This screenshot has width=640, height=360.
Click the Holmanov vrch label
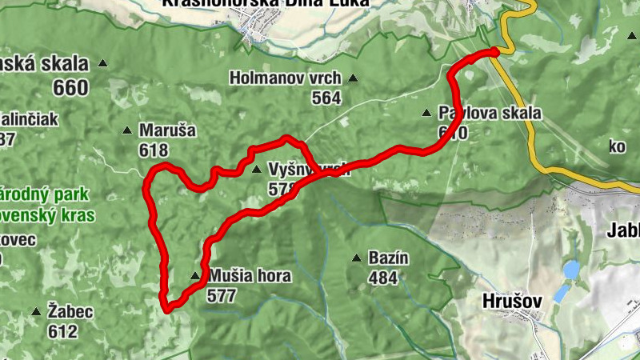click(x=285, y=78)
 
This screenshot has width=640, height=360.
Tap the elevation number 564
click(x=326, y=98)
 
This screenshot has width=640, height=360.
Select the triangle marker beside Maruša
click(x=126, y=130)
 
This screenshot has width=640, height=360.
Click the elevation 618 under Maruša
click(x=154, y=150)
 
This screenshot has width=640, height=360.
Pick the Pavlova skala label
click(x=490, y=113)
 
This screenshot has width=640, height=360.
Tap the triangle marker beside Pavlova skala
click(x=427, y=113)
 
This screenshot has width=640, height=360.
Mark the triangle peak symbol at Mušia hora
click(x=195, y=277)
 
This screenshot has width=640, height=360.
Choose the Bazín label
click(x=389, y=258)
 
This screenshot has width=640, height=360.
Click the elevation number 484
click(x=384, y=278)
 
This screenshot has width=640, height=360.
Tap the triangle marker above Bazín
click(x=357, y=258)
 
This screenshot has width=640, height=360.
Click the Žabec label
click(x=70, y=311)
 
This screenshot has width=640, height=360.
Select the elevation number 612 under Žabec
click(x=62, y=330)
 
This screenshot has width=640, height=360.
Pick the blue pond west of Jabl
click(x=570, y=270)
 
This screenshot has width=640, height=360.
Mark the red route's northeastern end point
click(x=494, y=52)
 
